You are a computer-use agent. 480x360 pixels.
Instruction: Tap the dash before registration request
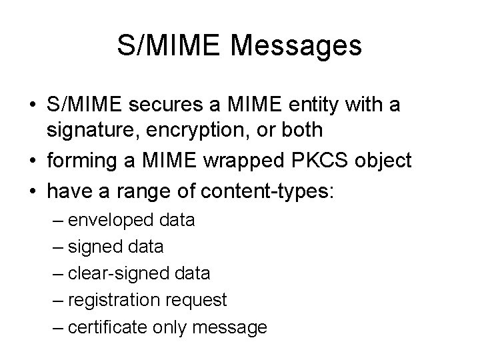58,300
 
